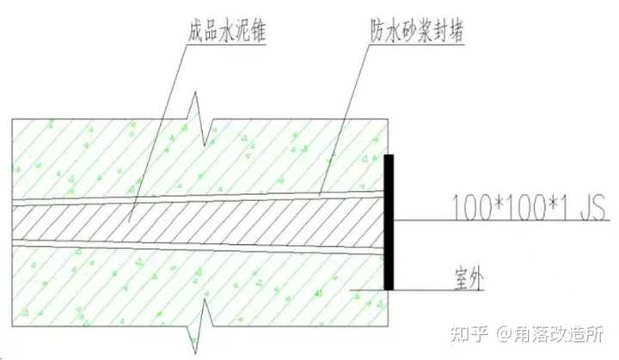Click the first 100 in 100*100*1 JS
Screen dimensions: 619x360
(467, 206)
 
